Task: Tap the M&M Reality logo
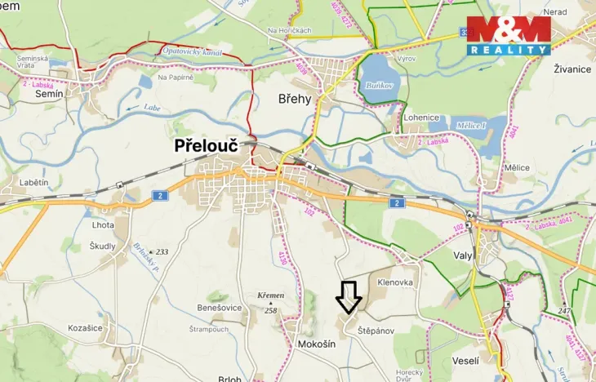509,35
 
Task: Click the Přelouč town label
207,146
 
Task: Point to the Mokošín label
311,345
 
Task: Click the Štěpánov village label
376,331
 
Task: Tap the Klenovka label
395,282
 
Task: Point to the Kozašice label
86,326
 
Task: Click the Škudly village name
103,246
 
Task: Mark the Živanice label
572,69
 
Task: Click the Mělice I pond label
473,125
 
